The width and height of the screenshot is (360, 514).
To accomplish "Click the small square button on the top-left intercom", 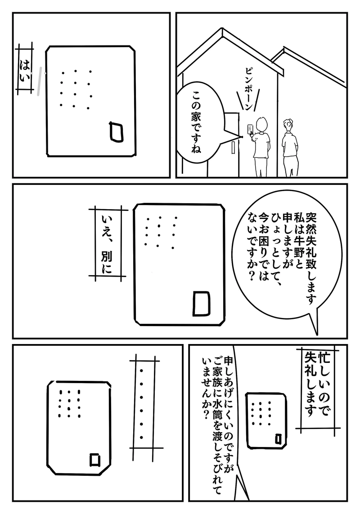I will pyautogui.click(x=117, y=132).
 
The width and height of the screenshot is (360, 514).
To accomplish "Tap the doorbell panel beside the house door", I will pyautogui.click(x=250, y=129).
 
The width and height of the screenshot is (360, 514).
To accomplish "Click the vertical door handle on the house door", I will pyautogui.click(x=233, y=147).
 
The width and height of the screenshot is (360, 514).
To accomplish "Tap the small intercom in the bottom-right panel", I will pyautogui.click(x=265, y=420).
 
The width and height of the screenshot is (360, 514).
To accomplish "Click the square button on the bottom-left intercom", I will pyautogui.click(x=95, y=459).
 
